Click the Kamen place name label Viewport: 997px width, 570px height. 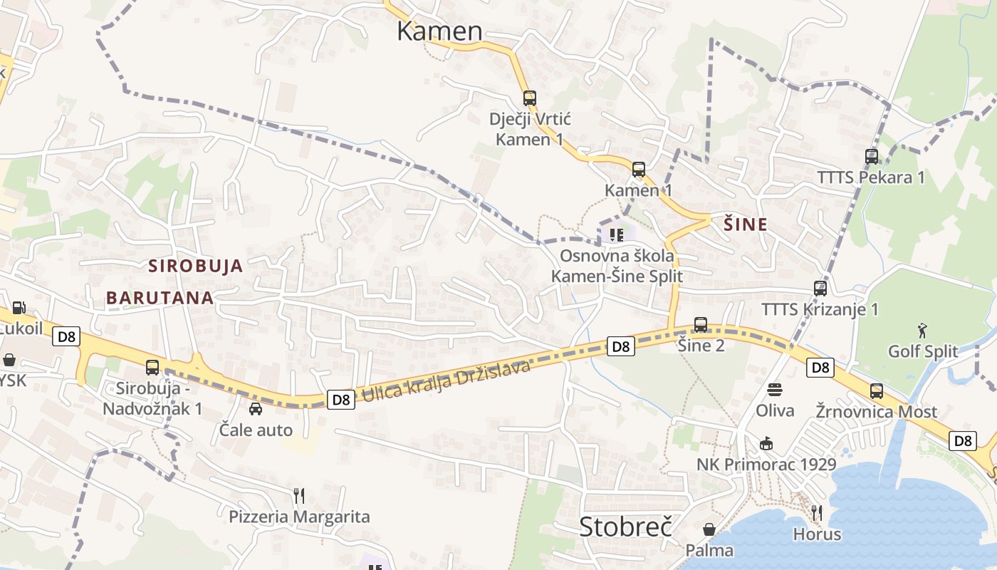[x=439, y=31]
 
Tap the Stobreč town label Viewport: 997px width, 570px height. [x=625, y=527]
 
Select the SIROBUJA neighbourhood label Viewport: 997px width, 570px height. [x=195, y=266]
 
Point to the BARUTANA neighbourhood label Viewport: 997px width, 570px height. [x=160, y=298]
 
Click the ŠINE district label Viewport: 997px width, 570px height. [x=746, y=224]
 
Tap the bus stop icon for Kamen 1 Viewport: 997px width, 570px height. [x=639, y=170]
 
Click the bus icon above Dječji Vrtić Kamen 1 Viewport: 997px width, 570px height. [x=529, y=98]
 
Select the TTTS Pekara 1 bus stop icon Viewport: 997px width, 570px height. [x=871, y=157]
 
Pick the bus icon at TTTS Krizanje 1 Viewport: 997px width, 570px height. [x=820, y=289]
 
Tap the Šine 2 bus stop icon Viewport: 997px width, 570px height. [x=701, y=325]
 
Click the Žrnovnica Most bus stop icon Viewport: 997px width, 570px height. [x=876, y=391]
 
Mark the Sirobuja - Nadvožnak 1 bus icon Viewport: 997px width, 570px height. [x=152, y=368]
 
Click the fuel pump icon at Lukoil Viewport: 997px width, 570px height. [x=19, y=308]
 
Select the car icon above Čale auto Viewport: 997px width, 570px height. [x=256, y=409]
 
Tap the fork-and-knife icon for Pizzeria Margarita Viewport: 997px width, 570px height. [x=299, y=495]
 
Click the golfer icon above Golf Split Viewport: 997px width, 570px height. [x=923, y=330]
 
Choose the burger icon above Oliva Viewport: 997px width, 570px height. [x=775, y=390]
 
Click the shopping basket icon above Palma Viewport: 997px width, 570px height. [x=709, y=529]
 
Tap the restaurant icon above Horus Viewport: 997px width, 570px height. [x=817, y=513]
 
